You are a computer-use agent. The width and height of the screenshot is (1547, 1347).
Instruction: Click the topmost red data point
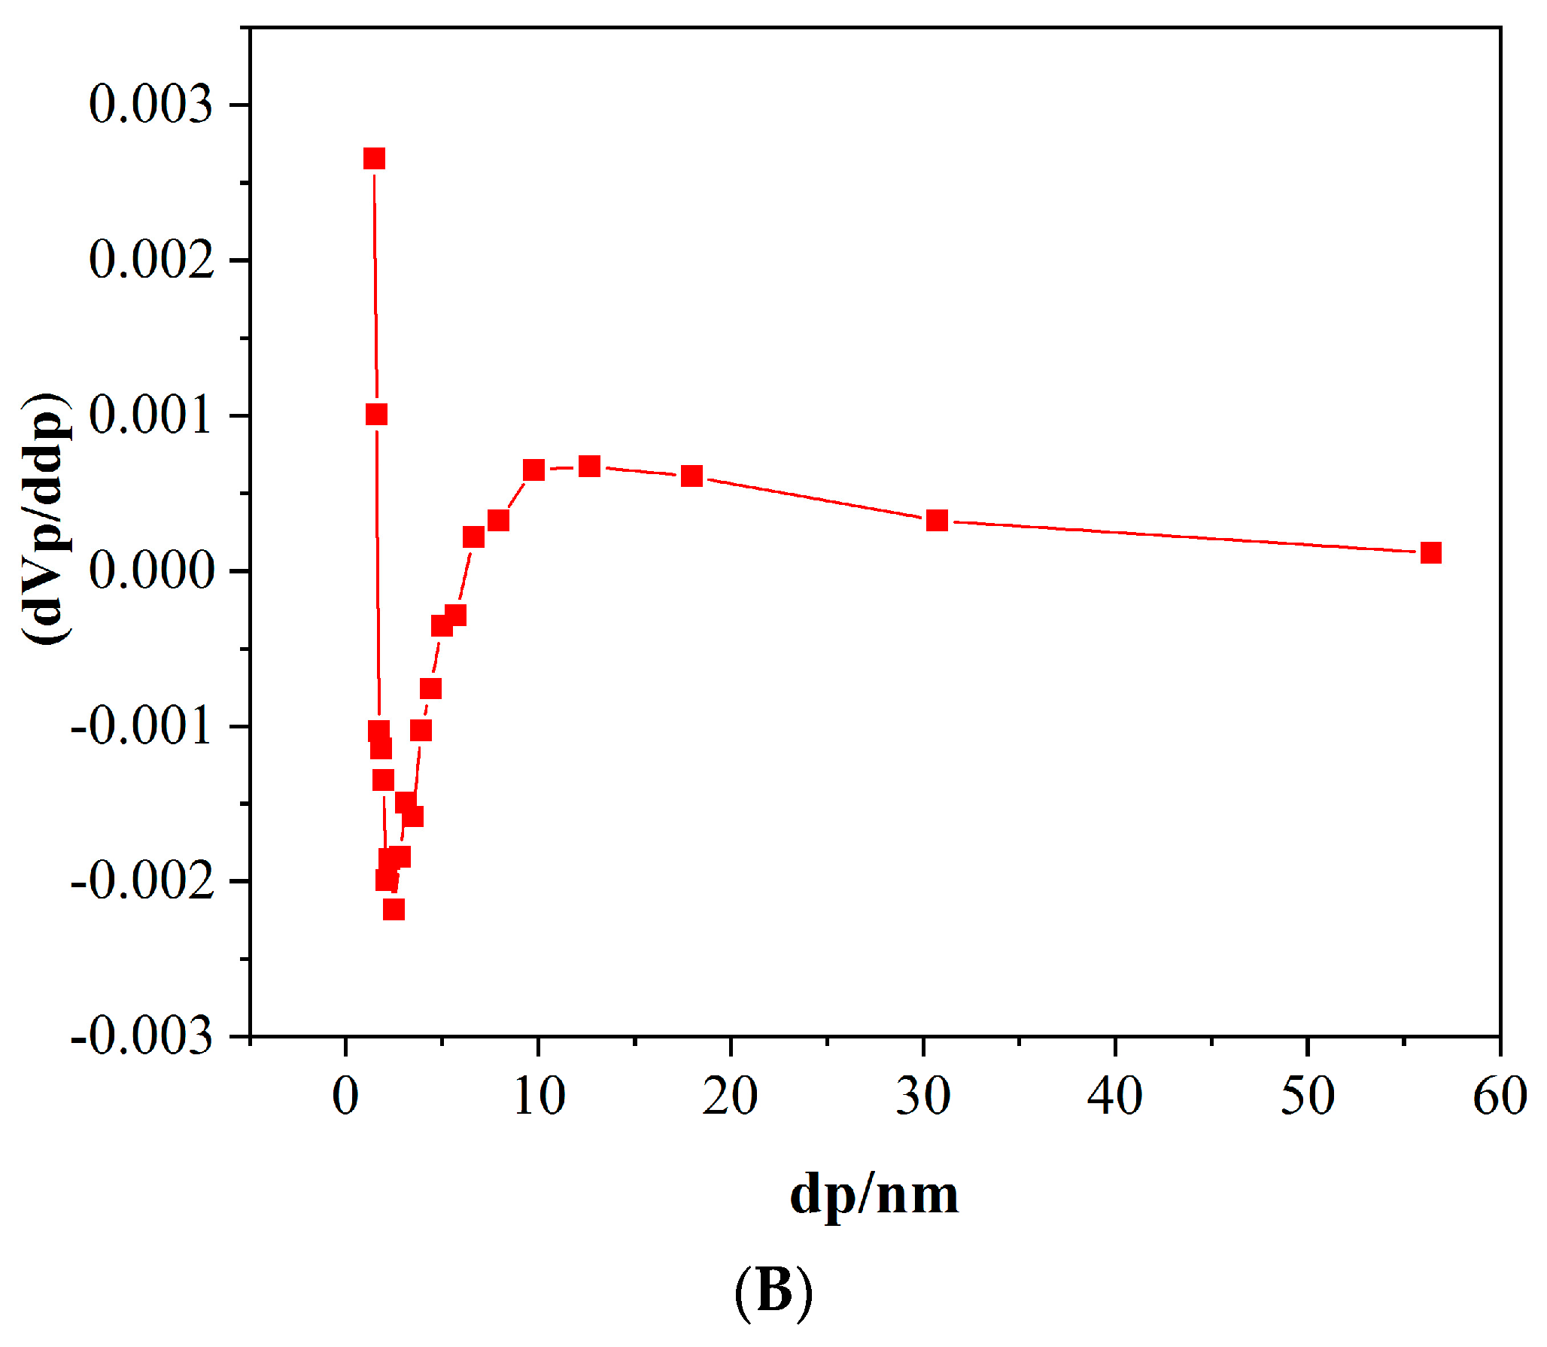(x=374, y=159)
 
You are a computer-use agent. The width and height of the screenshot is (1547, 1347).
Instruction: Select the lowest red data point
(x=394, y=910)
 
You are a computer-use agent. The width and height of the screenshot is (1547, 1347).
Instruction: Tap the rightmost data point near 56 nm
(x=1430, y=553)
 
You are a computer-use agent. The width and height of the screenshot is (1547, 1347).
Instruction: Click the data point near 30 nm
(x=937, y=520)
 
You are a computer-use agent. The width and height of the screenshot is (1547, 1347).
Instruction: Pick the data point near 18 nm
(x=691, y=476)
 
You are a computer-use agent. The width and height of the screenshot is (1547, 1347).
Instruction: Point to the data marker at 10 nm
(x=533, y=470)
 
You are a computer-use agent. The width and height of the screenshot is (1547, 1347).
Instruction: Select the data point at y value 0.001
(x=376, y=415)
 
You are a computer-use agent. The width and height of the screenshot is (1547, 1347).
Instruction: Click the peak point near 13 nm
(x=589, y=467)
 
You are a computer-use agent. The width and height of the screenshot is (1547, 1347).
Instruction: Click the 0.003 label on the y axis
(x=150, y=104)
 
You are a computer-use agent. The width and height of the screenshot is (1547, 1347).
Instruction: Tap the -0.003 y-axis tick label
(x=141, y=1037)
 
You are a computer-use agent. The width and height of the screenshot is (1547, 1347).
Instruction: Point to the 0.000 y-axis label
(x=150, y=570)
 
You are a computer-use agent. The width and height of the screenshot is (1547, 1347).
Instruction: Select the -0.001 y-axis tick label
(x=141, y=726)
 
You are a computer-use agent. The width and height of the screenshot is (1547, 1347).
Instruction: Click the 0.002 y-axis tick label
(x=150, y=260)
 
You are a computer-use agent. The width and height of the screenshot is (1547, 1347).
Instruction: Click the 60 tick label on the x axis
(x=1500, y=1096)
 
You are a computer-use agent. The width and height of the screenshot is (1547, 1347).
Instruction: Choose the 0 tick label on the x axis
(x=345, y=1096)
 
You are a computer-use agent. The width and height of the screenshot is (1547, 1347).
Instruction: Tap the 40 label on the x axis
(x=1114, y=1096)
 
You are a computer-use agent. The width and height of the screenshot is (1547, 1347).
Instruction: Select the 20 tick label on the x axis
(x=730, y=1096)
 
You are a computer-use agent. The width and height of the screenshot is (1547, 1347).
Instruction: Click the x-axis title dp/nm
(x=874, y=1196)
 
